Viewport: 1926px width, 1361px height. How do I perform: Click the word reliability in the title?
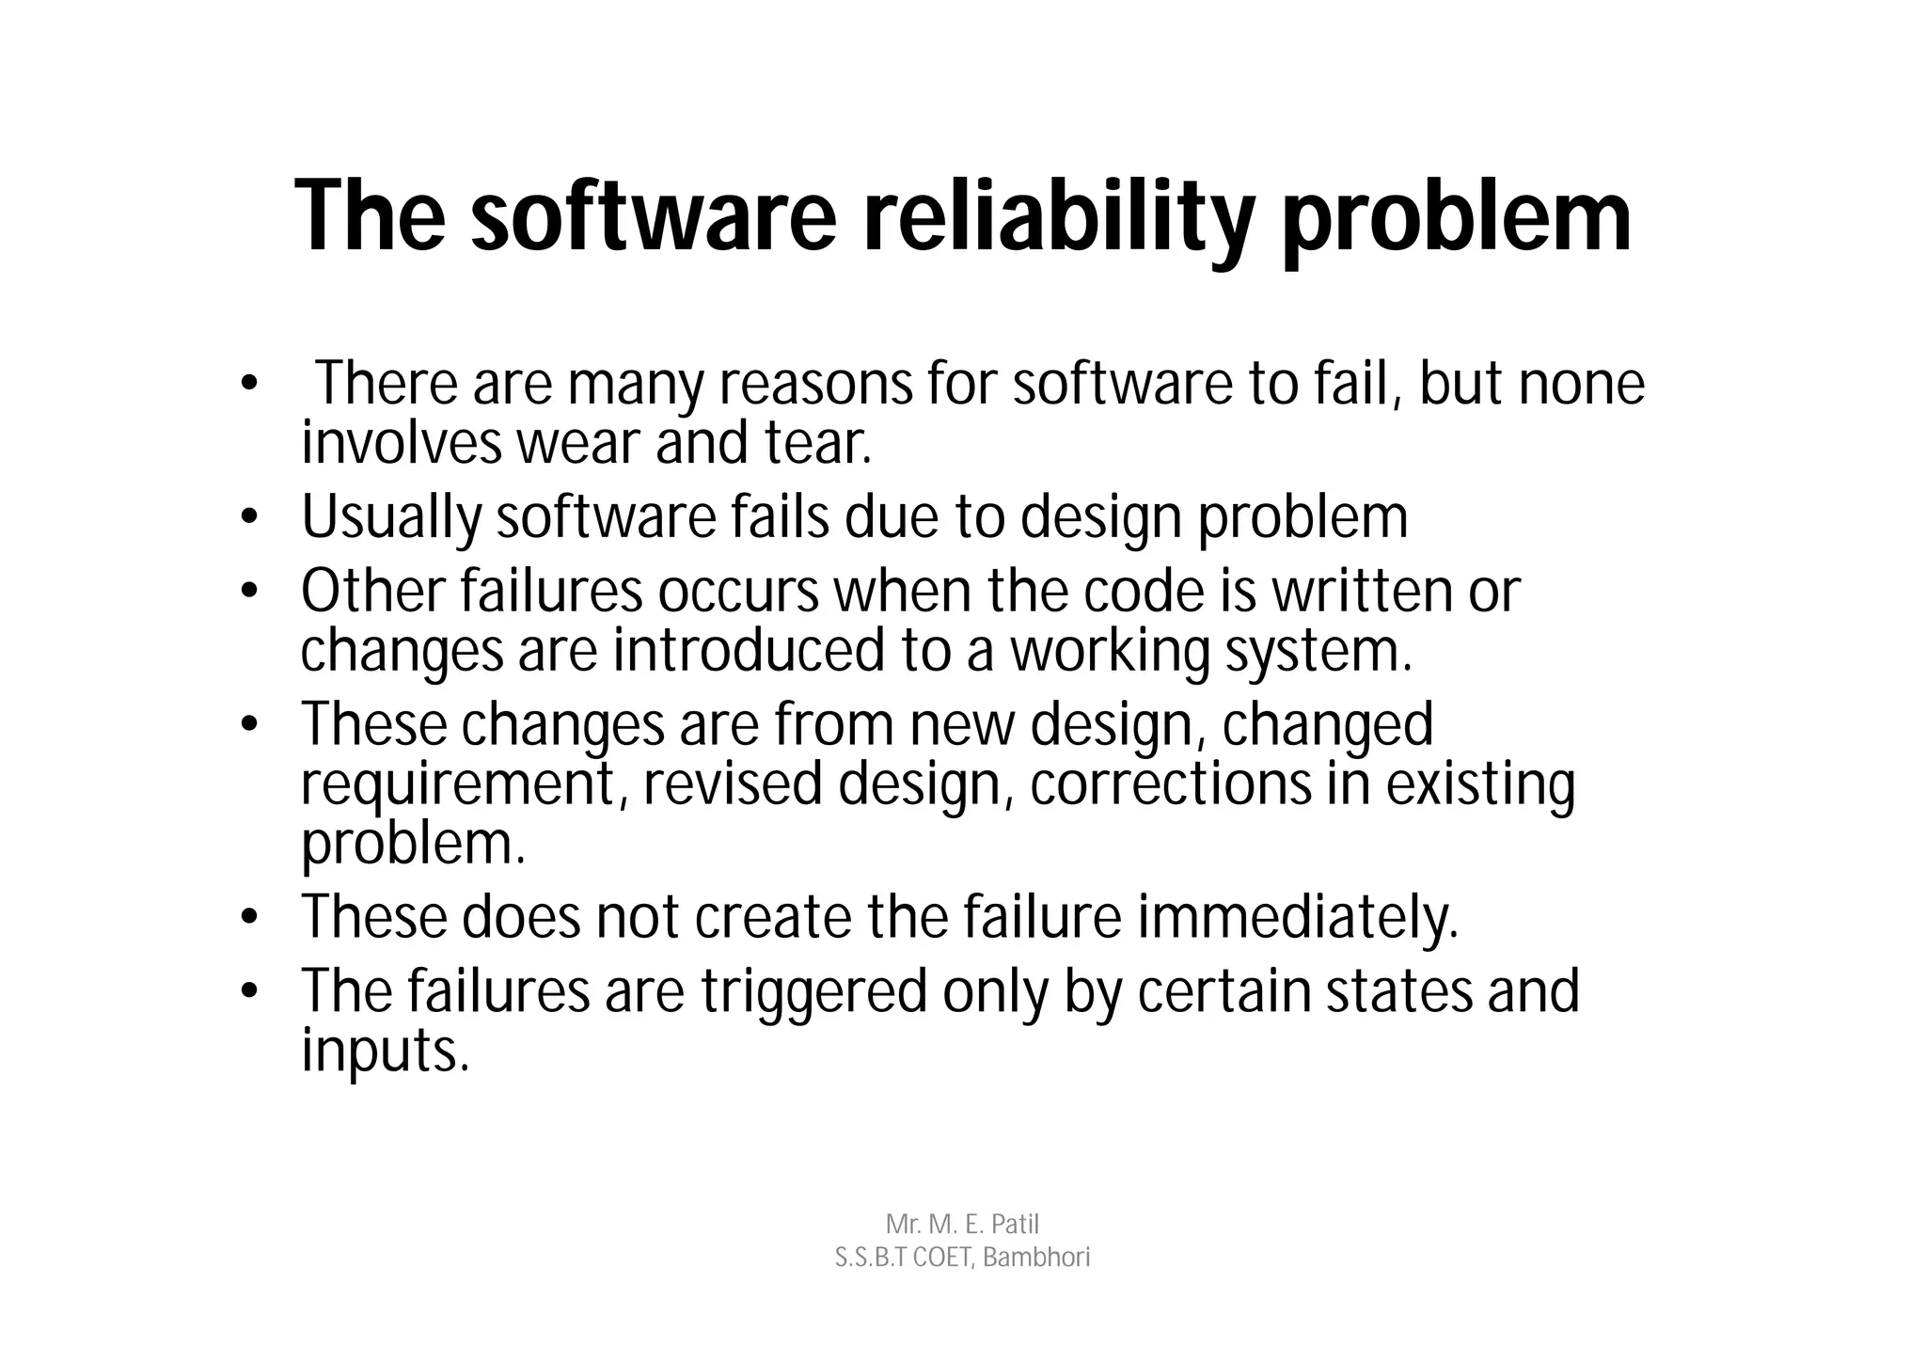(1058, 218)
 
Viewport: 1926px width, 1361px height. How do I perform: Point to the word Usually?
(391, 517)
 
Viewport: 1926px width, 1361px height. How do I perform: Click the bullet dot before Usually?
(248, 518)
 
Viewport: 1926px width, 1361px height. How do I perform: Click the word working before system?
(1111, 651)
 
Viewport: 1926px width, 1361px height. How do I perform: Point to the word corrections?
(1170, 784)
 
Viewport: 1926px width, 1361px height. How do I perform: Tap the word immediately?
(1298, 917)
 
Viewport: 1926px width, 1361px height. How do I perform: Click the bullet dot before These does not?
(248, 918)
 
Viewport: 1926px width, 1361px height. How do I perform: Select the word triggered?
(813, 991)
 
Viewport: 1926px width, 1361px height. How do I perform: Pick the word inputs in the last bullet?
(385, 1051)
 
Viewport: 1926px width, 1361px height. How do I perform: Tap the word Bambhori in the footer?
(1036, 1258)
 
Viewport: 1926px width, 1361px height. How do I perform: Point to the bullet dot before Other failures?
(248, 593)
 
